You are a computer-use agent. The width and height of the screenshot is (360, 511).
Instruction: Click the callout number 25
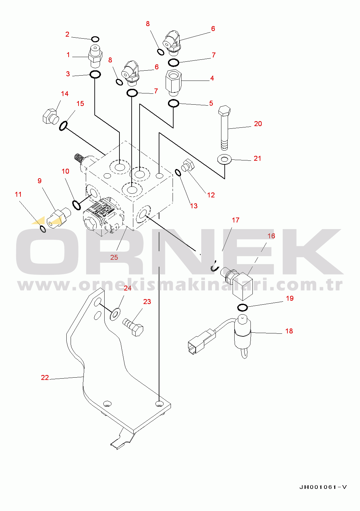(x=114, y=257)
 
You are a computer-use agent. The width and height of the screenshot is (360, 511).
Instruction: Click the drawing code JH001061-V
(x=323, y=487)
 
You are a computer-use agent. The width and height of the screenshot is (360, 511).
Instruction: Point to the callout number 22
(x=45, y=378)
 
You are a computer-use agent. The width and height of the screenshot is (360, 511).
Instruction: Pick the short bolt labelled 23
(x=133, y=326)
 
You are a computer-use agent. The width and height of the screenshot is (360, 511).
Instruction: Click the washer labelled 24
(x=115, y=313)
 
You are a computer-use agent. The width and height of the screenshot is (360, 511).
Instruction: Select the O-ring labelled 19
(x=243, y=308)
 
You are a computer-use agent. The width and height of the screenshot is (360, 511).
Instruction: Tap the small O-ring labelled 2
(x=95, y=39)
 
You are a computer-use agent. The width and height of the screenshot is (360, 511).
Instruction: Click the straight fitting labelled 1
(x=95, y=56)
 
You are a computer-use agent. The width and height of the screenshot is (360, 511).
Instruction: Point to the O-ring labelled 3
(x=95, y=75)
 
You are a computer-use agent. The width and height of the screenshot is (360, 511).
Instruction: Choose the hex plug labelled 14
(x=50, y=116)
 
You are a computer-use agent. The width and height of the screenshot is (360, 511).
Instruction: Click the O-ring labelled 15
(x=64, y=126)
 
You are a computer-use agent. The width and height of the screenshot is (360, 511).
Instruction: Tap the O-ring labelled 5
(x=174, y=103)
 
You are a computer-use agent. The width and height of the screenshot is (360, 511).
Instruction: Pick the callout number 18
(x=289, y=331)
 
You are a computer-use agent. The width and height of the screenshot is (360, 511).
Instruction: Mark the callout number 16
(x=271, y=236)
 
